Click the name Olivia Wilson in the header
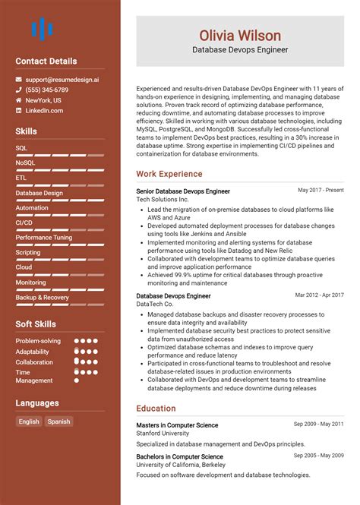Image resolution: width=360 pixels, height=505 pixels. click(240, 35)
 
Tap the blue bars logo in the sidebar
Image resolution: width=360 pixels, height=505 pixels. click(42, 30)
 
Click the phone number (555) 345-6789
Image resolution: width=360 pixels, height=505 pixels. click(47, 90)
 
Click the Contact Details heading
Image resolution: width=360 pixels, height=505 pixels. click(46, 61)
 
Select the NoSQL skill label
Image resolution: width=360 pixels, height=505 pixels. click(25, 163)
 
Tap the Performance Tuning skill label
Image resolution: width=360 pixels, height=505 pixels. click(44, 237)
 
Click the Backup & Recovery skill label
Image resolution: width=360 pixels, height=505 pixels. click(42, 297)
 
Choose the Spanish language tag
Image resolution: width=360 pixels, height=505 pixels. click(58, 421)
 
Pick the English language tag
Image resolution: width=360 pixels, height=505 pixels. click(29, 421)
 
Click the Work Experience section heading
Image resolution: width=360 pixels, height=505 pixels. click(169, 174)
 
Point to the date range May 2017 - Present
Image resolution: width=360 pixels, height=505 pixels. click(321, 191)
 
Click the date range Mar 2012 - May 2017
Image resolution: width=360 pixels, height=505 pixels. click(319, 295)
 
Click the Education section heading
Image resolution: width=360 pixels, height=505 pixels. click(156, 408)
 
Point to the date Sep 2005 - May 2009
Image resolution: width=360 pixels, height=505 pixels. click(319, 456)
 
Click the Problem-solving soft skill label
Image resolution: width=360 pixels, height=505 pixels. click(38, 341)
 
